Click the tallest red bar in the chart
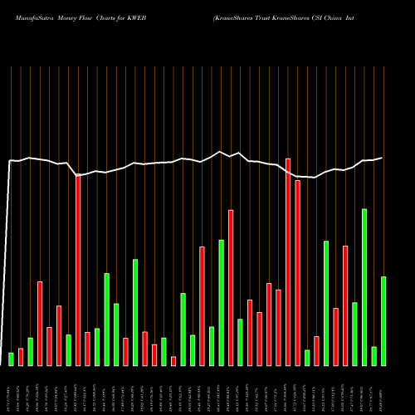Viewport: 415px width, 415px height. pos(288,261)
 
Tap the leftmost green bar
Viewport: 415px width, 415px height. pos(11,359)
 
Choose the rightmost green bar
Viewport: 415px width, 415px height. pos(383,320)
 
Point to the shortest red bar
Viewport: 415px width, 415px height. pos(173,360)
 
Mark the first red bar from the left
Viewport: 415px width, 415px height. pos(21,357)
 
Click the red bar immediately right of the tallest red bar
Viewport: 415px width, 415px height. pos(297,272)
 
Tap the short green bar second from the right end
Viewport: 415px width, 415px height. pos(373,355)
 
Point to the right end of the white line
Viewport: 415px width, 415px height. pos(383,158)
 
